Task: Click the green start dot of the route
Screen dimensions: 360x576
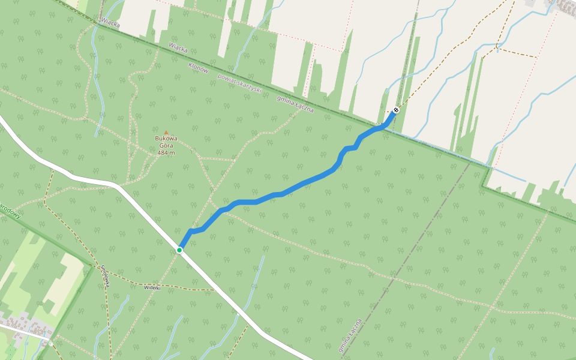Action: [x=179, y=250]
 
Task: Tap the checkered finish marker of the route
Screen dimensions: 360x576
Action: [x=396, y=110]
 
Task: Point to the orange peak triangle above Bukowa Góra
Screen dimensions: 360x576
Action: [x=166, y=133]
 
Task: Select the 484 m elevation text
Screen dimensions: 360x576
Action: [x=166, y=152]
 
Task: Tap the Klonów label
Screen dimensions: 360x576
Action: [x=198, y=68]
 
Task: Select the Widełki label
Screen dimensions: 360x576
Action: [x=152, y=287]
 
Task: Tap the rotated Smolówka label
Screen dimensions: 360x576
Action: [x=106, y=275]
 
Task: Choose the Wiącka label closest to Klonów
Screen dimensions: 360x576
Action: [x=178, y=47]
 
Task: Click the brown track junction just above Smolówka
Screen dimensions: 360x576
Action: [x=96, y=265]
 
